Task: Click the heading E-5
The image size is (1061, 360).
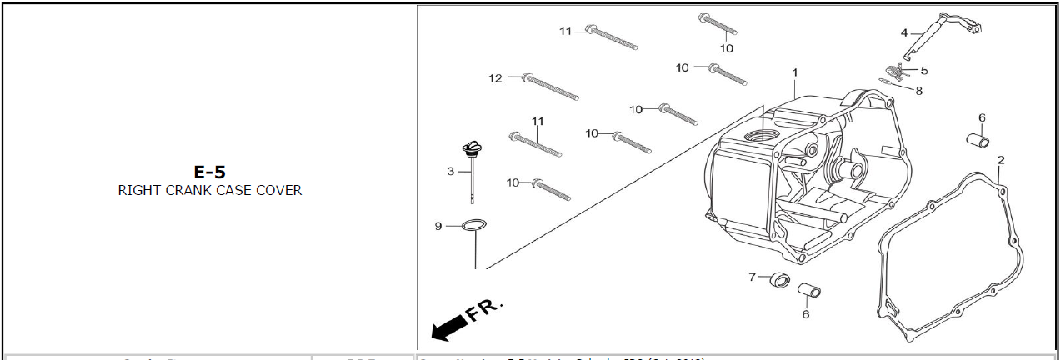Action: click(209, 172)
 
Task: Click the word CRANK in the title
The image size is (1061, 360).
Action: click(185, 190)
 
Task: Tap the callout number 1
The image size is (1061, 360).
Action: click(795, 72)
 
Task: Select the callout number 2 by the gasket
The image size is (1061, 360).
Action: click(1000, 159)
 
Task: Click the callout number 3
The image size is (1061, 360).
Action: click(451, 172)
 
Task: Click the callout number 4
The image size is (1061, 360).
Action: click(903, 32)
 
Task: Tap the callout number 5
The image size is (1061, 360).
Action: click(923, 71)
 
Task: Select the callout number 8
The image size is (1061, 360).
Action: click(918, 91)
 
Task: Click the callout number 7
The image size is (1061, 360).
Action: click(752, 276)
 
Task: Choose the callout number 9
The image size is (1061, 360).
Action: click(438, 226)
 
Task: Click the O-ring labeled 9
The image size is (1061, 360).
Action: click(474, 225)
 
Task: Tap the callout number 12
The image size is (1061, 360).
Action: click(495, 78)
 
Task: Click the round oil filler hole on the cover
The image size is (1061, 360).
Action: click(760, 134)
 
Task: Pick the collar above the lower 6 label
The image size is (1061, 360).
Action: click(808, 292)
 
